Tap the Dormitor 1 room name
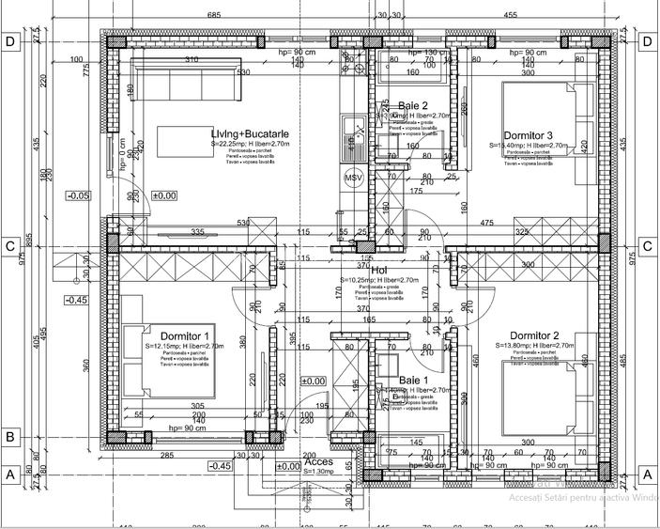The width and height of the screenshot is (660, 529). click(x=184, y=336)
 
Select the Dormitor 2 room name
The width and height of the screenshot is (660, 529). click(x=534, y=336)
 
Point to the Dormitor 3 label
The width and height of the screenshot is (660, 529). click(x=528, y=135)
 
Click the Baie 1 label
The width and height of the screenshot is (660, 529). click(x=414, y=380)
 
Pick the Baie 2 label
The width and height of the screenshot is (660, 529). click(x=413, y=105)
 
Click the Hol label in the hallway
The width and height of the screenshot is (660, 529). click(x=379, y=270)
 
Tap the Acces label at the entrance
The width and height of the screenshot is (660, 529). click(x=318, y=461)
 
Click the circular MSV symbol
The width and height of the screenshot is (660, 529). click(x=353, y=178)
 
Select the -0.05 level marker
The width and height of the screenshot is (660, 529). click(x=79, y=195)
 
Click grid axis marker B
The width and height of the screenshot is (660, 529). click(x=11, y=437)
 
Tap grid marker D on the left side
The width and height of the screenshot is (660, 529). click(x=11, y=41)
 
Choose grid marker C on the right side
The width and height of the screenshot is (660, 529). click(x=647, y=246)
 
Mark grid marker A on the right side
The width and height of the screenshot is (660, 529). click(x=647, y=475)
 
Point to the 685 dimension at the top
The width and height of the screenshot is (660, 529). click(x=213, y=15)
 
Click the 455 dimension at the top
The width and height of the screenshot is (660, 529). click(x=510, y=15)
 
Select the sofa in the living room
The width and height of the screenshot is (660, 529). click(x=184, y=78)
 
